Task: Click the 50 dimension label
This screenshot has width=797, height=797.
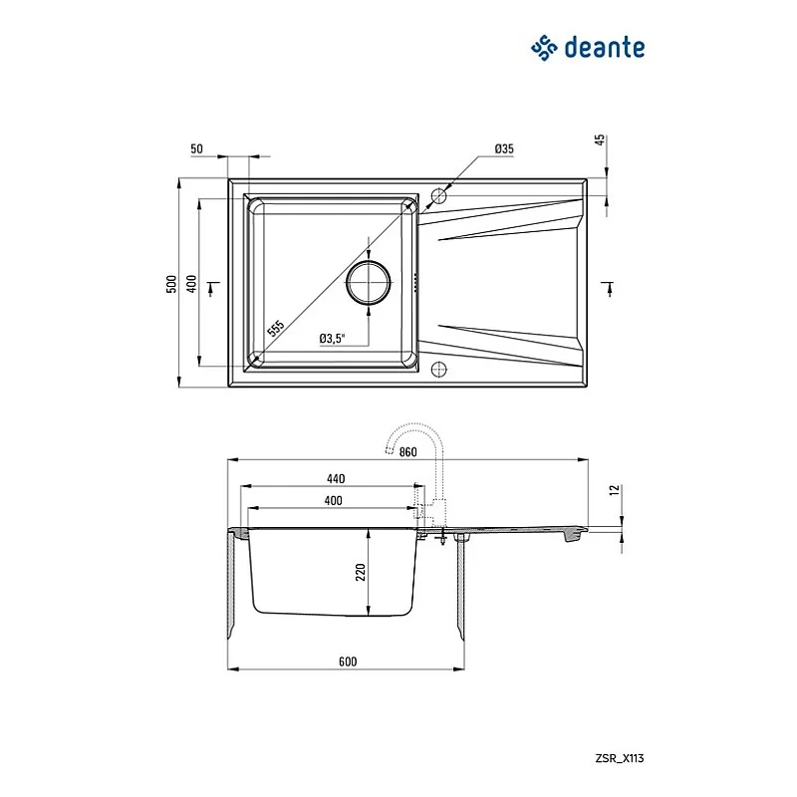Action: coord(196,148)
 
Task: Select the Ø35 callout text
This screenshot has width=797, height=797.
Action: coord(503,148)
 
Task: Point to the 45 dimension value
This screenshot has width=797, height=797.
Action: coord(602,140)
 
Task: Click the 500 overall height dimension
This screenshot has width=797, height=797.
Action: coord(171,284)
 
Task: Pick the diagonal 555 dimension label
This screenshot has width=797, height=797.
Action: coord(276,327)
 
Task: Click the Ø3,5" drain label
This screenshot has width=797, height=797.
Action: coord(332,339)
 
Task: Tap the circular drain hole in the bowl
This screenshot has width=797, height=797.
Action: coord(370,283)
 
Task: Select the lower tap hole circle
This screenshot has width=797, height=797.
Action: coord(438,371)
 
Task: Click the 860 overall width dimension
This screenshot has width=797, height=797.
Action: coord(407,452)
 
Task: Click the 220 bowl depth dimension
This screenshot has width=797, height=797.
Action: coord(362,571)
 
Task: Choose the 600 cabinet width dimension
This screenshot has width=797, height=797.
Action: coord(347,662)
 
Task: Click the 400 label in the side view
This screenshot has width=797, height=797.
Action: coord(333,500)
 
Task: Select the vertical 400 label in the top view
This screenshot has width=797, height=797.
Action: coord(192,284)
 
